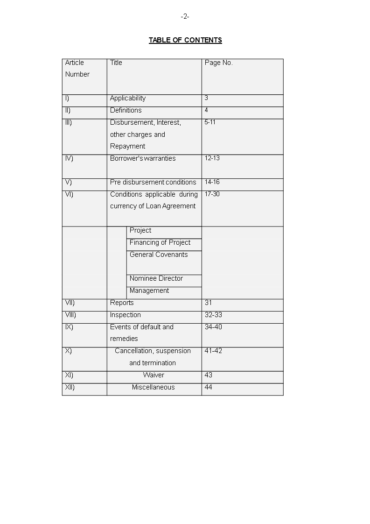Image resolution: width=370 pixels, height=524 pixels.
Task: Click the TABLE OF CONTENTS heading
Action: (x=185, y=40)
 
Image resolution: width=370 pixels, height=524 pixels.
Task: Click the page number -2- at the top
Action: (x=185, y=17)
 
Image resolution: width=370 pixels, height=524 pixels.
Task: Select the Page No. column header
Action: (x=218, y=63)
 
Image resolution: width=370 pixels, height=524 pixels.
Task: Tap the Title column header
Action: (x=116, y=63)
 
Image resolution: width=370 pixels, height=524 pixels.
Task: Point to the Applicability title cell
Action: (x=128, y=98)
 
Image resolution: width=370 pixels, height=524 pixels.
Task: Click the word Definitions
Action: (x=126, y=110)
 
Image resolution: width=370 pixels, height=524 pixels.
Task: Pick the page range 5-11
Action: (x=210, y=122)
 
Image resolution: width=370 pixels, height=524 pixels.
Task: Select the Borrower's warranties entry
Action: (x=143, y=158)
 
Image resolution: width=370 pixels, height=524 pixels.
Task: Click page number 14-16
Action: (x=212, y=182)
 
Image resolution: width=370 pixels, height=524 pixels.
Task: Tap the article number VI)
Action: (x=69, y=194)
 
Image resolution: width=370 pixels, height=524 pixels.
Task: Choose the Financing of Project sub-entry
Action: (x=160, y=242)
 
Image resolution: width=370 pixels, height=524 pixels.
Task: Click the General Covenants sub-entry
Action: (x=159, y=255)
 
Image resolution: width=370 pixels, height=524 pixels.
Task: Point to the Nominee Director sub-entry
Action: (x=156, y=278)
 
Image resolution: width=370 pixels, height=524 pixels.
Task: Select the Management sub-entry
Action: (x=149, y=290)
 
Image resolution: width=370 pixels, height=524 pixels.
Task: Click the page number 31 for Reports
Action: (x=208, y=303)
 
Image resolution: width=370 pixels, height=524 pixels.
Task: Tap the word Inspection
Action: (x=126, y=315)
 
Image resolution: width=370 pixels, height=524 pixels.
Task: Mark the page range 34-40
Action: (x=213, y=327)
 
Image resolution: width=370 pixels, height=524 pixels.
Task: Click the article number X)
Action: (x=69, y=351)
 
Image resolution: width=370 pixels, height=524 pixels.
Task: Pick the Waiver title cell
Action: (x=154, y=375)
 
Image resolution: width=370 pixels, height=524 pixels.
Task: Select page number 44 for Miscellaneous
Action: (x=209, y=387)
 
